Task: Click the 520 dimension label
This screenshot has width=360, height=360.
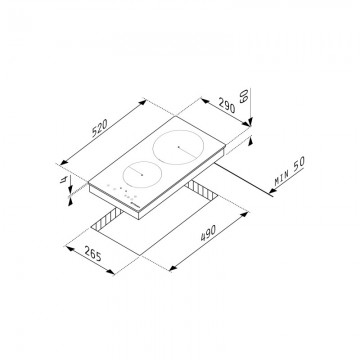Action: click(100, 128)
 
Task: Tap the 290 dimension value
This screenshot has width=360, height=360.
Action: click(227, 106)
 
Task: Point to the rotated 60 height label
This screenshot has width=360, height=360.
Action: click(244, 95)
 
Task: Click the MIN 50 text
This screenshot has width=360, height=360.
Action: click(290, 171)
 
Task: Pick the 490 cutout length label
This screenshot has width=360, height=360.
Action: click(208, 233)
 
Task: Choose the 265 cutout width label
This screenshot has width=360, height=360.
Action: click(92, 254)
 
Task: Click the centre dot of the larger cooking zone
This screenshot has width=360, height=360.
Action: click(178, 147)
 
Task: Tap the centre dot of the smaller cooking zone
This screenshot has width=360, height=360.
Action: click(142, 174)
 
